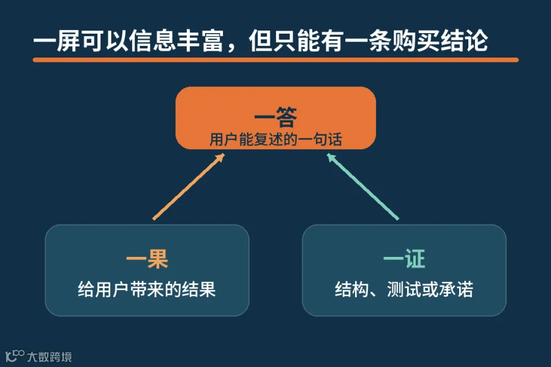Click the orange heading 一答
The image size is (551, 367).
tap(276, 117)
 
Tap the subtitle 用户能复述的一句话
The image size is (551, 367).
tap(276, 139)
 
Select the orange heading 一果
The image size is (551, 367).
tap(147, 259)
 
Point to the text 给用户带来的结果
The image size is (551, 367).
tap(147, 289)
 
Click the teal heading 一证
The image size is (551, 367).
tap(404, 259)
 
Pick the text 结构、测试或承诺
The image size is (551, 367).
tap(404, 289)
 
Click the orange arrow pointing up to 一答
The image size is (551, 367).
tap(189, 187)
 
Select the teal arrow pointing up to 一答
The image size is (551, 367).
tap(363, 187)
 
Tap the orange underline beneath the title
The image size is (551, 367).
tap(275, 60)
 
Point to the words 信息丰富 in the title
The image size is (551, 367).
tap(176, 41)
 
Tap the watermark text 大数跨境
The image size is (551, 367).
tap(50, 357)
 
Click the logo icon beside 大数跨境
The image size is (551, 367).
tap(15, 355)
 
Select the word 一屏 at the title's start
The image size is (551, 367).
tap(56, 41)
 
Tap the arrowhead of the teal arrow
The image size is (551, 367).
tap(331, 157)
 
